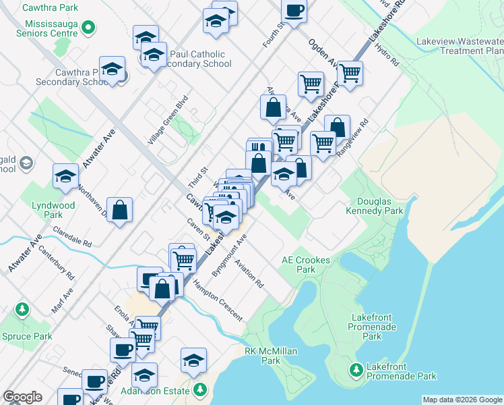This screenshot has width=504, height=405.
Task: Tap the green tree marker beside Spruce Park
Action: click(22, 309)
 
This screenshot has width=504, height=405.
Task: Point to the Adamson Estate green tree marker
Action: click(200, 389)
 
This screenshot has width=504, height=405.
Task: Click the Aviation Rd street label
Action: click(249, 273)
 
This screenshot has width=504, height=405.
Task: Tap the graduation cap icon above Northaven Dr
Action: click(65, 176)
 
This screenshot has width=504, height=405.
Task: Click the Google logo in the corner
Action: click(22, 397)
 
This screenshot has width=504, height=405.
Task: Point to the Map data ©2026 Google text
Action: click(462, 400)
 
